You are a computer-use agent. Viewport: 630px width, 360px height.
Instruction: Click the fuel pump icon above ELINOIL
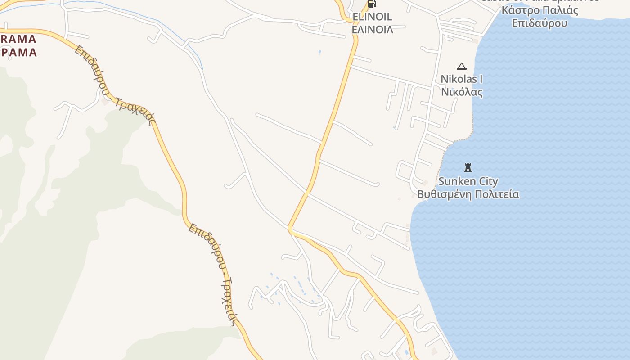coord(372,4)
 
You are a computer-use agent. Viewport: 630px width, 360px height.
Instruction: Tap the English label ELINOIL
coord(372,17)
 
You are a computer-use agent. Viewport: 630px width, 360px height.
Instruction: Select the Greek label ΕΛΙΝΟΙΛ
coord(372,30)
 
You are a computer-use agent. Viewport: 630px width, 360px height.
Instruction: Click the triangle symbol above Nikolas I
coord(461,67)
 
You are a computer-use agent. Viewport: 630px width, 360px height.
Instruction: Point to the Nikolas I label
coord(461,79)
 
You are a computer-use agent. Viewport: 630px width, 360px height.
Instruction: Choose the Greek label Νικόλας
coord(462,92)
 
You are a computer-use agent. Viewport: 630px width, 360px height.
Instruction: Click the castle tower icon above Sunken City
coord(468,168)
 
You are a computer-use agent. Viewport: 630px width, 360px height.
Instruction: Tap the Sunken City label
coord(468,181)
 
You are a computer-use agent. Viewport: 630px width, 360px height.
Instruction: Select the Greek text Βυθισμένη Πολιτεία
coord(468,194)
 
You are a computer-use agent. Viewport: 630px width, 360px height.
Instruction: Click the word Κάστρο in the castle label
coord(521,10)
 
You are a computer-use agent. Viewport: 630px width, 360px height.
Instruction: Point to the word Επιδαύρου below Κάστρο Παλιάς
coord(540,23)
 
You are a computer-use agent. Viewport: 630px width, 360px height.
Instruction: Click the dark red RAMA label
coord(18,39)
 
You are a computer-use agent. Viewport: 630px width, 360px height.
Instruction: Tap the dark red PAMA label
coord(19,52)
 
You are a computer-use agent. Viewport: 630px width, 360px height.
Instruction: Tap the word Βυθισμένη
coord(445,194)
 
